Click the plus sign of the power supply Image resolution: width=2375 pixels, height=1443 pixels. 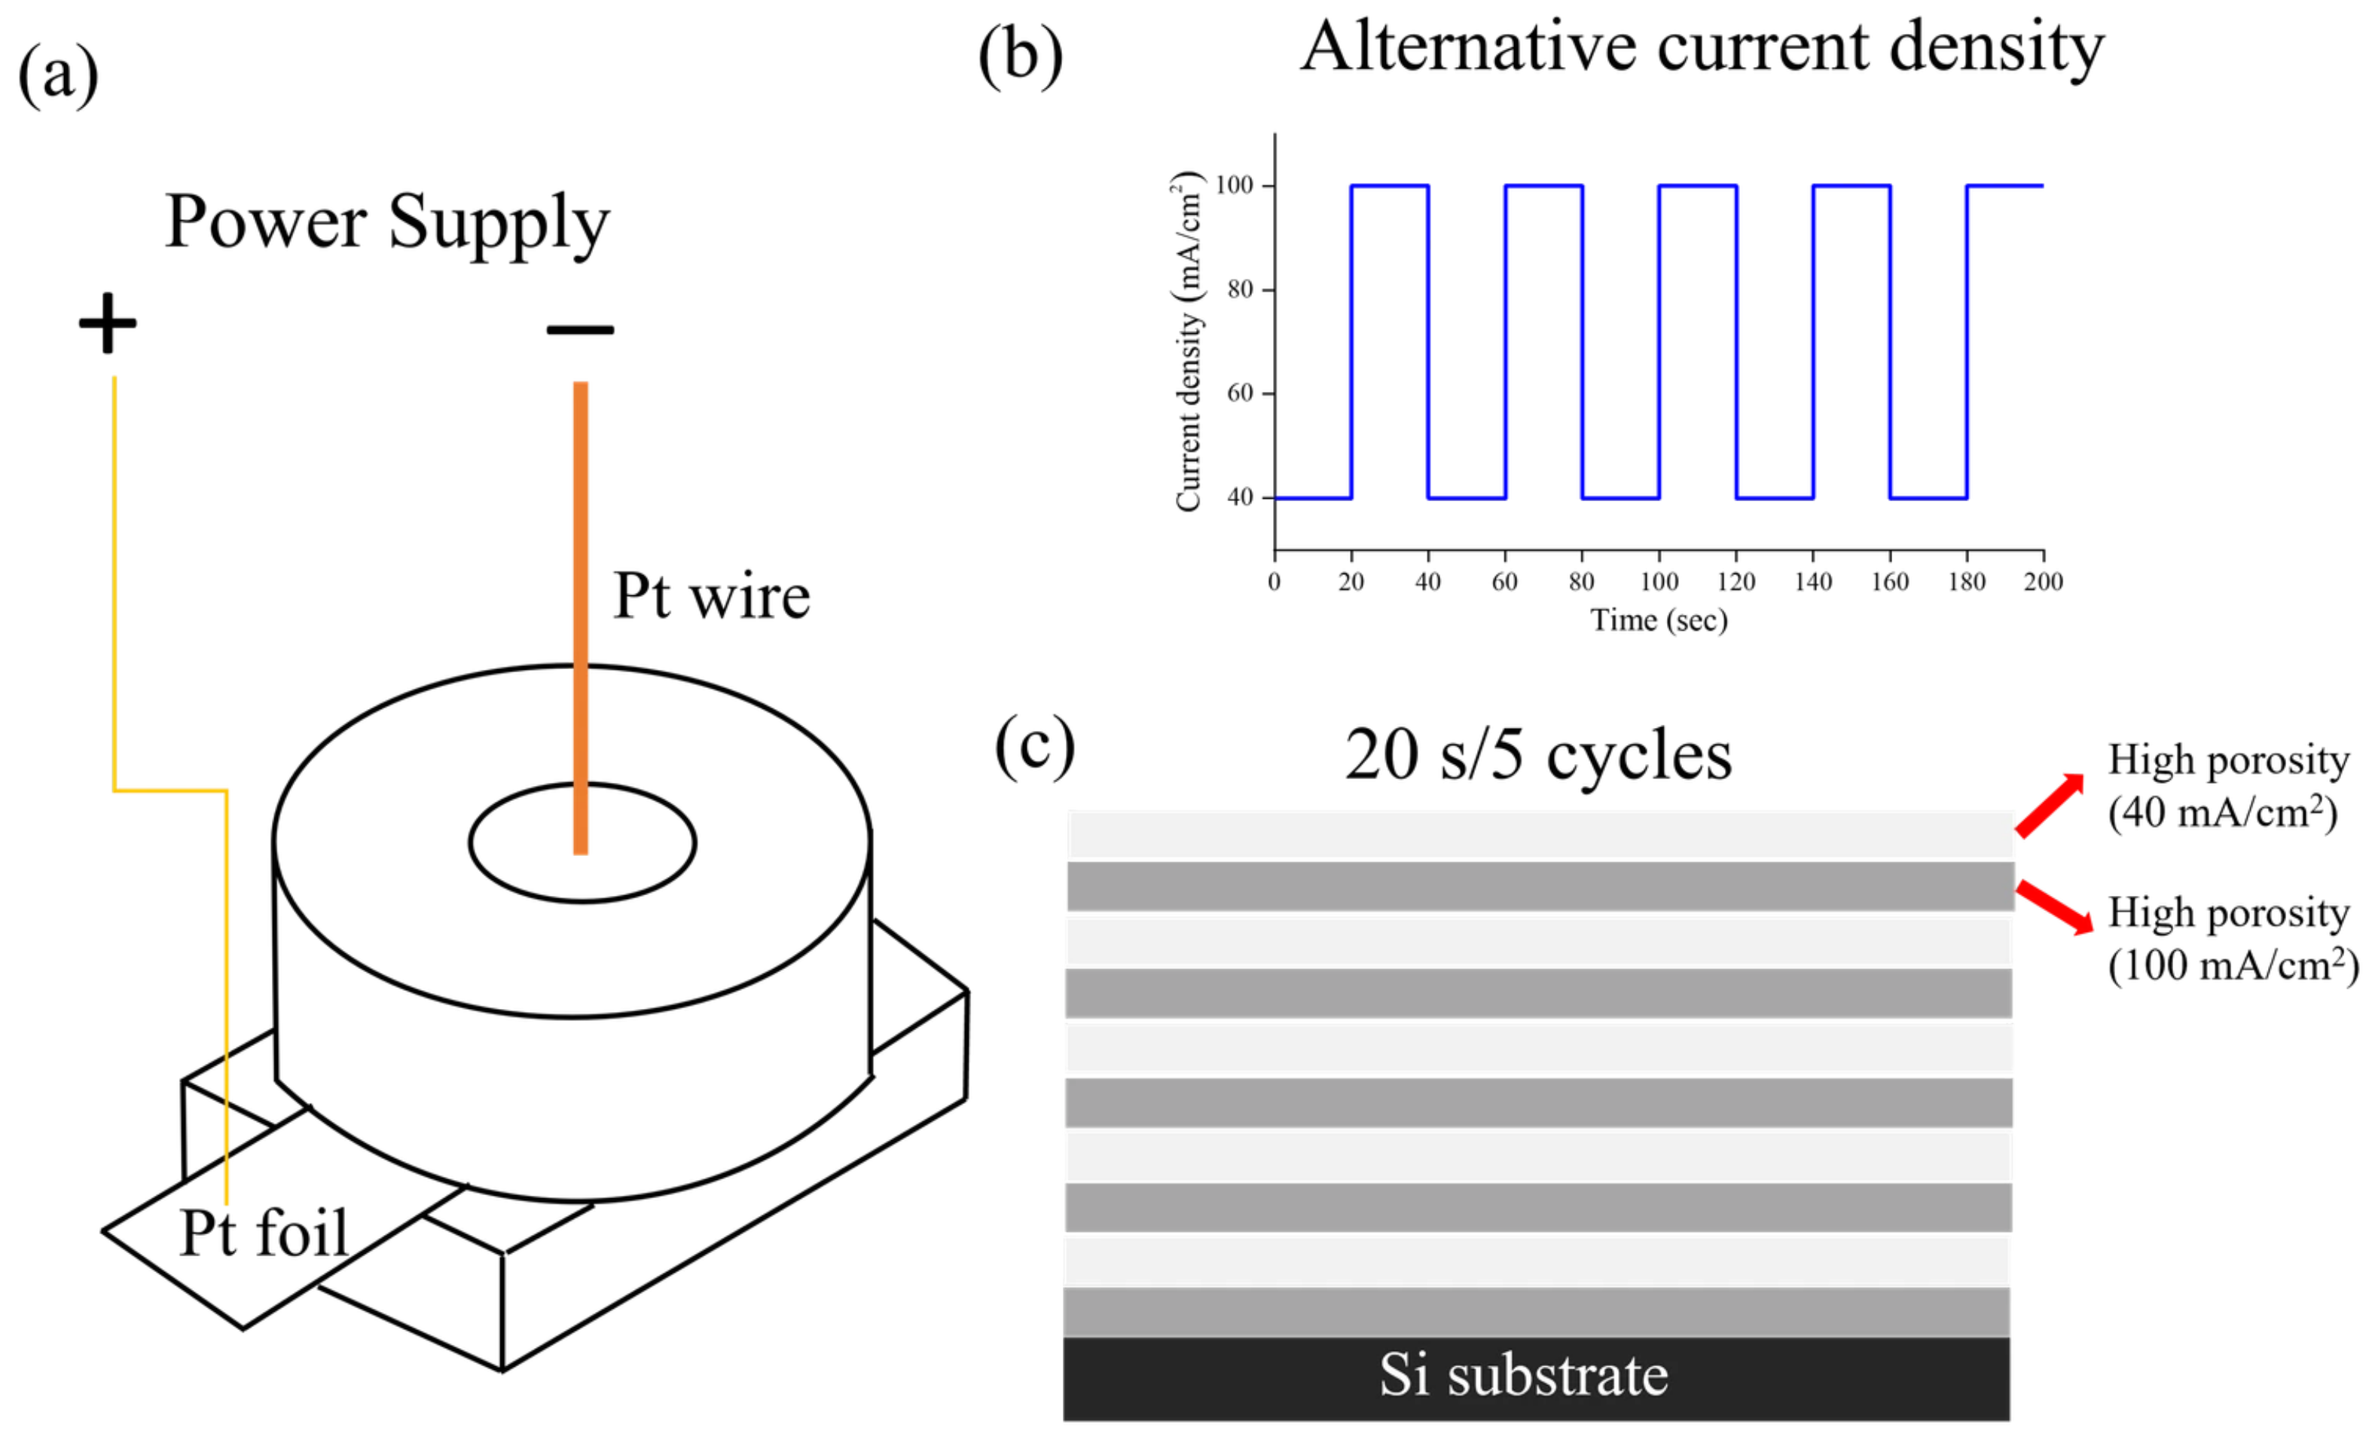(107, 323)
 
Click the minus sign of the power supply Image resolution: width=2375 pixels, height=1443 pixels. (579, 329)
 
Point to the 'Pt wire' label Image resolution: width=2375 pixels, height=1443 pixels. (711, 597)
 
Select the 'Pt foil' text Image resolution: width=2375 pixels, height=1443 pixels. (263, 1233)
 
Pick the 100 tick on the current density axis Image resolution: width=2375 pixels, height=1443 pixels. (1235, 185)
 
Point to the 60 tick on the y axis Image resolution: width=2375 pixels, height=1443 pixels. (1240, 393)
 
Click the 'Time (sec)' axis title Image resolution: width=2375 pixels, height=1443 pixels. (1658, 620)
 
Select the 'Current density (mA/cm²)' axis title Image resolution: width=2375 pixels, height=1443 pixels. (1187, 341)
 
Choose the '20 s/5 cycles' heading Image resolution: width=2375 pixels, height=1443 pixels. (1538, 755)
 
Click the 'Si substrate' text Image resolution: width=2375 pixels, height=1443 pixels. (1523, 1375)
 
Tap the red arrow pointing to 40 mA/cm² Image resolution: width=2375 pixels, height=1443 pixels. (2049, 806)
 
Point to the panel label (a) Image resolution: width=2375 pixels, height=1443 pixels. (58, 75)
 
